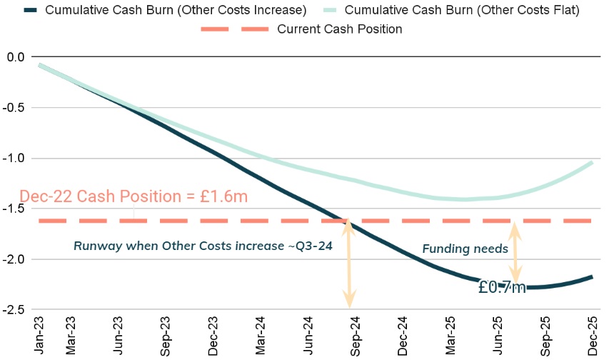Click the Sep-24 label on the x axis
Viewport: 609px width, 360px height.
[x=355, y=336]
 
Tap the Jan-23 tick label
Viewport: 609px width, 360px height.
[x=39, y=336]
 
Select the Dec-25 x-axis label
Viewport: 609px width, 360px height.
[x=593, y=336]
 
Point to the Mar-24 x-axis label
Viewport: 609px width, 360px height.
[x=260, y=336]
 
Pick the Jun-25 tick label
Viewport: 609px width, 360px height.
[x=498, y=336]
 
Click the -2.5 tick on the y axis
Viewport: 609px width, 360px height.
[x=13, y=310]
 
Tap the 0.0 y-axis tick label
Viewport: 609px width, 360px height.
[x=16, y=57]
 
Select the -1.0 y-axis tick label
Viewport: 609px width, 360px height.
[x=13, y=159]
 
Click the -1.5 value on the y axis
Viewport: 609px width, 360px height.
[x=13, y=209]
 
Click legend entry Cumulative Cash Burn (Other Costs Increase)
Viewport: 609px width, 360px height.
[x=166, y=10]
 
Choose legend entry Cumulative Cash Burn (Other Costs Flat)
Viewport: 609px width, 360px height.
[x=451, y=10]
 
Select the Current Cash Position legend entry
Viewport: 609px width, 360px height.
[x=301, y=29]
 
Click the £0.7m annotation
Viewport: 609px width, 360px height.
[x=502, y=287]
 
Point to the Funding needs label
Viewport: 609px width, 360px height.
[x=465, y=249]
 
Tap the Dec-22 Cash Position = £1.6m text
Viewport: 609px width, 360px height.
[x=134, y=196]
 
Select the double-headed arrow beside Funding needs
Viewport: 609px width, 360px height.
[x=515, y=253]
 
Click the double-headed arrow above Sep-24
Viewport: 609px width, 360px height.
[x=349, y=263]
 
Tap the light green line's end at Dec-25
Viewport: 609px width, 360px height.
[x=592, y=163]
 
